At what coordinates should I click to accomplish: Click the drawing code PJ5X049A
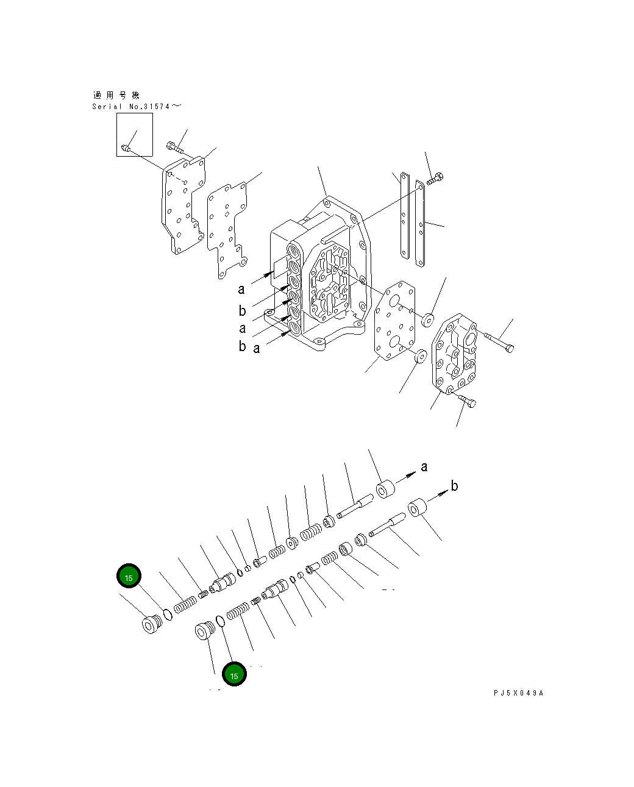pyautogui.click(x=518, y=693)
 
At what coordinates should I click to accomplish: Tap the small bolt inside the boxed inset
pyautogui.click(x=126, y=147)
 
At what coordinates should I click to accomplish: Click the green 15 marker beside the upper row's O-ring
pyautogui.click(x=129, y=576)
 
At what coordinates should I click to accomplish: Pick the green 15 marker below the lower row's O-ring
pyautogui.click(x=234, y=674)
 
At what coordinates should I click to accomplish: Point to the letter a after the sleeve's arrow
pyautogui.click(x=424, y=467)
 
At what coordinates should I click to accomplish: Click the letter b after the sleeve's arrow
pyautogui.click(x=454, y=486)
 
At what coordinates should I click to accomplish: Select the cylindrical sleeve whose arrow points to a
pyautogui.click(x=385, y=490)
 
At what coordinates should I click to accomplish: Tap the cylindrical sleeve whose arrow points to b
pyautogui.click(x=416, y=508)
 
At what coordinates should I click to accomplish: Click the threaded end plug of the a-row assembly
pyautogui.click(x=150, y=624)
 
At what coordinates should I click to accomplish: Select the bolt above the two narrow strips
pyautogui.click(x=435, y=179)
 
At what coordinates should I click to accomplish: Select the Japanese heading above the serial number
pyautogui.click(x=116, y=96)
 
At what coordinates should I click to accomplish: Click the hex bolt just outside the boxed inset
pyautogui.click(x=173, y=146)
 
